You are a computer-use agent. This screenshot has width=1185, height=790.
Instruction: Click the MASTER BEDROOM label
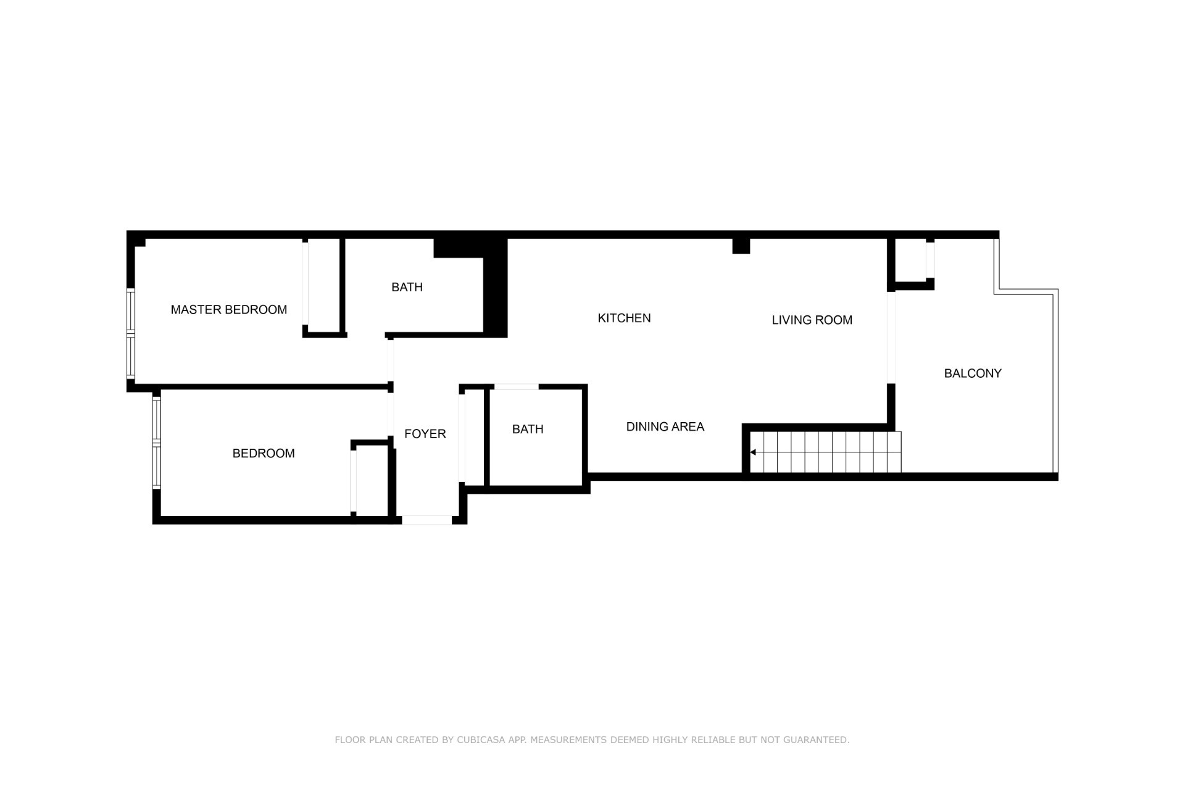228,310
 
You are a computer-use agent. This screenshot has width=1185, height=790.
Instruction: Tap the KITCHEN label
624,318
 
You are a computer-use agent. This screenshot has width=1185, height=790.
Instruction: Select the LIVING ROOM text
812,320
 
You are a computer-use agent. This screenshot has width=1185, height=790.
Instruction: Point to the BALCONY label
973,373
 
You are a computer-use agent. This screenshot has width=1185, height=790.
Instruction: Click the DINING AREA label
665,426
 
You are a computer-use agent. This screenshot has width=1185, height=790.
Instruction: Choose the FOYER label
425,434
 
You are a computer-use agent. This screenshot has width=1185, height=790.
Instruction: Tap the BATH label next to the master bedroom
407,287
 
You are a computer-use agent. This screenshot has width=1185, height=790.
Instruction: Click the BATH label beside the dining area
528,429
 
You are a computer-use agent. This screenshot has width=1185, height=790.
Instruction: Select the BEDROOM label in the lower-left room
264,454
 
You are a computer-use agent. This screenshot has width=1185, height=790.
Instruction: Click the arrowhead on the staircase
753,452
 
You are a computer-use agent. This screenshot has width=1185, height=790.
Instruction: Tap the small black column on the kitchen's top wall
741,246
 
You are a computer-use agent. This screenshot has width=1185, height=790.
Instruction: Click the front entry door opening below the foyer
427,520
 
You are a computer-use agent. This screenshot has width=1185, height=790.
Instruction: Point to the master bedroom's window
130,333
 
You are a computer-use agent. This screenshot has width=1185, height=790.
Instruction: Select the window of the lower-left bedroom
156,443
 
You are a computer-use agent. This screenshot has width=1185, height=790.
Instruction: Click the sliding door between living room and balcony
891,338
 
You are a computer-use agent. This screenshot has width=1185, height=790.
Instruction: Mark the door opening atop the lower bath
517,387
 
